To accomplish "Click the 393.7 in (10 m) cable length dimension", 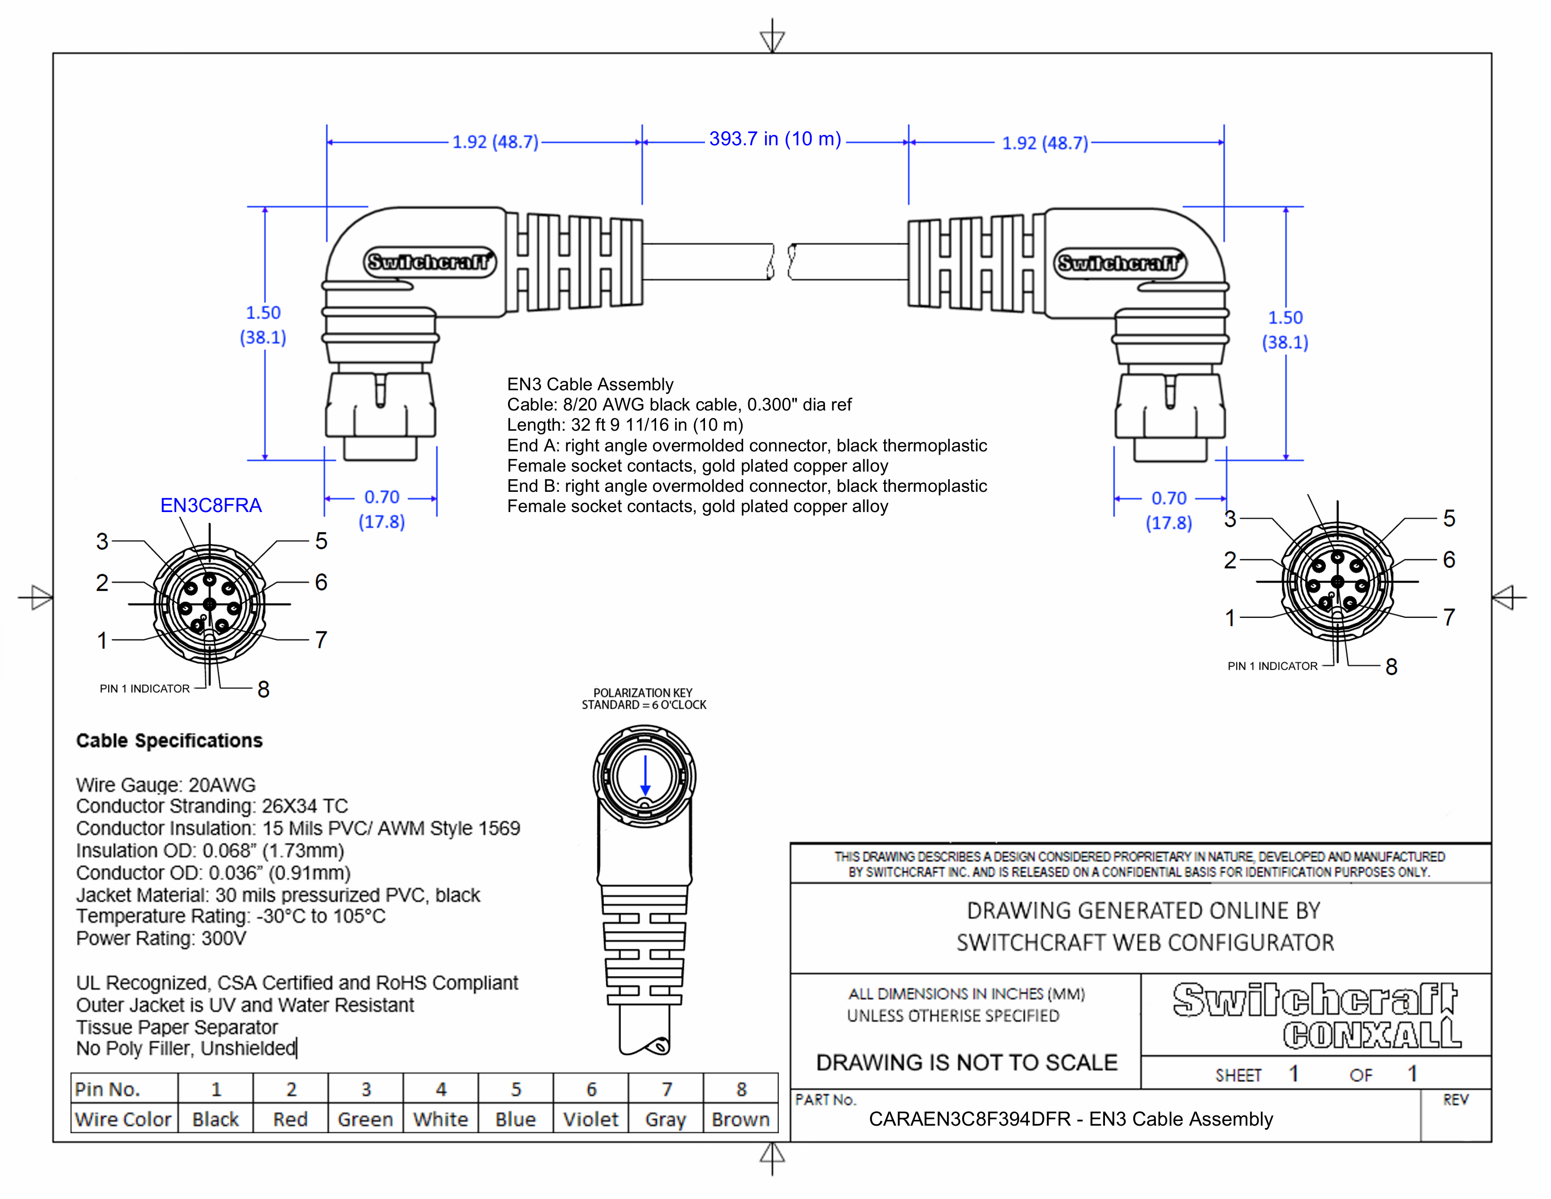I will point(775,139).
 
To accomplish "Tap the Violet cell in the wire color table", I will point(590,1120).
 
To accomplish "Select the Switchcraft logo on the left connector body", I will point(429,262).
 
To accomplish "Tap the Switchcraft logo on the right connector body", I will point(1119,263).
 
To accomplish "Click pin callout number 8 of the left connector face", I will point(264,689).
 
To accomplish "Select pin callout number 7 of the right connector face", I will point(1449,617).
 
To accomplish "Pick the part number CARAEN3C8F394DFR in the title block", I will point(969,1120).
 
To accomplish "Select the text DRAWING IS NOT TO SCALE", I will point(966,1063).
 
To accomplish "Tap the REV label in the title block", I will point(1455,1100).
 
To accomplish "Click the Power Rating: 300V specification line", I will point(161,939).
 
